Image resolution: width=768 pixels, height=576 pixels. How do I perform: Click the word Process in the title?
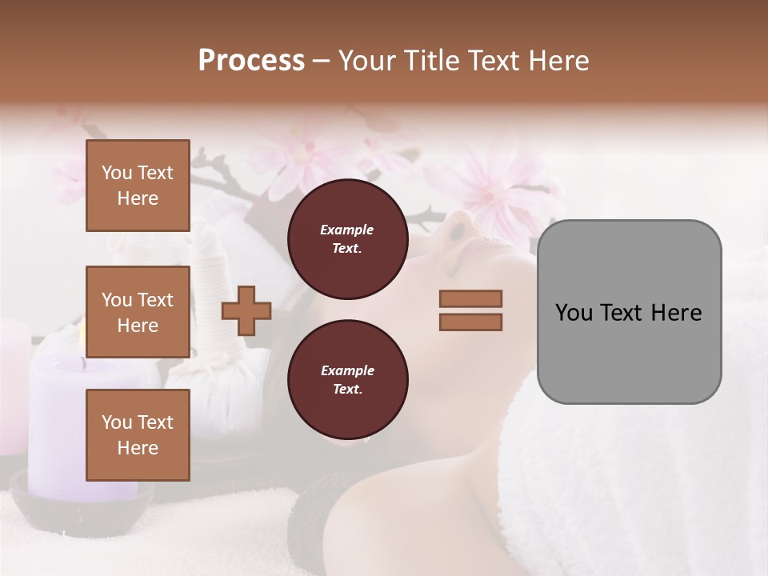coord(251,61)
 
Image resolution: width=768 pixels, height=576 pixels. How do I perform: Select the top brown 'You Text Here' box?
coord(138,186)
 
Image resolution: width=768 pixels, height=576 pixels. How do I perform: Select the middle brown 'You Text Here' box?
coord(138,312)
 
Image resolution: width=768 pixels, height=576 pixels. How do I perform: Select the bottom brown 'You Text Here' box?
coord(138,434)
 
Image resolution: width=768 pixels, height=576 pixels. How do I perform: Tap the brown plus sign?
coord(246,310)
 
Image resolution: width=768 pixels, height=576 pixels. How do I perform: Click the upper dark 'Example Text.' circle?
coord(347,238)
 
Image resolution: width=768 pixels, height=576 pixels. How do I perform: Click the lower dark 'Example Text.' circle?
coord(347,379)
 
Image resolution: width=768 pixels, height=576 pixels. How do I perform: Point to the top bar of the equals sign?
coord(471,298)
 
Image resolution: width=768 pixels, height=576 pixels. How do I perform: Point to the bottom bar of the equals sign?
coord(471,322)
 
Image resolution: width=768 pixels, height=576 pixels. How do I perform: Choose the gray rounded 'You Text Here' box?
coord(629,311)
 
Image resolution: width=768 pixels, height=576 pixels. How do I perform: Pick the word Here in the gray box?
coord(677,312)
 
